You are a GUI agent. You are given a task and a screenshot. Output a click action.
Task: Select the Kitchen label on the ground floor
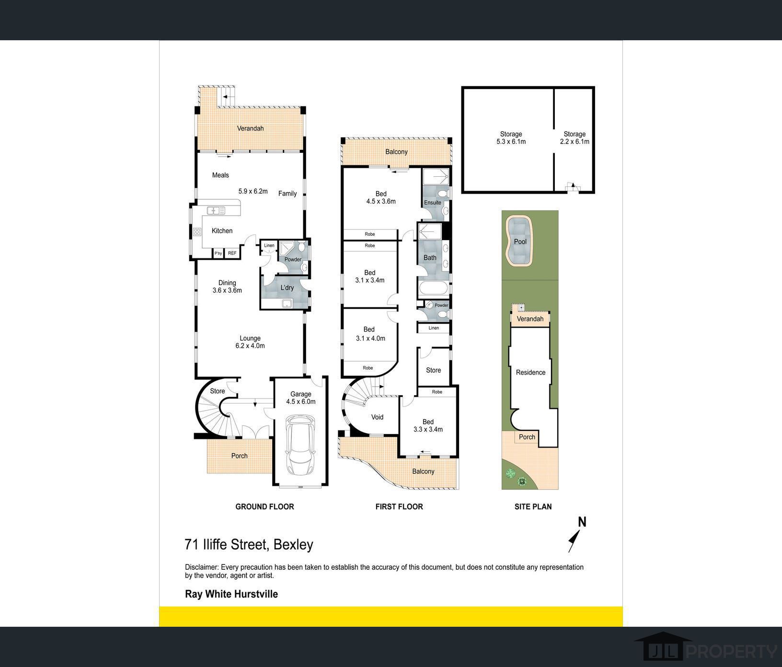point(222,231)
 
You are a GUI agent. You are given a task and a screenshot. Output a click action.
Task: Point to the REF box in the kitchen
point(232,253)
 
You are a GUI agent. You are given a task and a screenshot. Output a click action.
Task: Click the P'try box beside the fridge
point(218,253)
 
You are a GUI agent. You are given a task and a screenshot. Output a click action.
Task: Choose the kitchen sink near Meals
point(216,210)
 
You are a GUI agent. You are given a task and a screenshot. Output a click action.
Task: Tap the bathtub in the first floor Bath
point(433,289)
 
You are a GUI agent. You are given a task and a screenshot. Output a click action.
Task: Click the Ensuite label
point(433,203)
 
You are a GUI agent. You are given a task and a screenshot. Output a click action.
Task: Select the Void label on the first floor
point(377,417)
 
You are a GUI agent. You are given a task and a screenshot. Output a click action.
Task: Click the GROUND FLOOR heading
point(264,506)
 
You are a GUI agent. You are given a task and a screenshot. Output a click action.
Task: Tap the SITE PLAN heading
point(533,506)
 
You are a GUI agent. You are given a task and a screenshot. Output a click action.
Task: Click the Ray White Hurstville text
point(231,594)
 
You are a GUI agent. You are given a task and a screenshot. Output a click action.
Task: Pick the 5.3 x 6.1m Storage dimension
point(511,142)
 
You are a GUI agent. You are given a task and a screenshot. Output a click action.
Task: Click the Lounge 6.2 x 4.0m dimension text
point(250,346)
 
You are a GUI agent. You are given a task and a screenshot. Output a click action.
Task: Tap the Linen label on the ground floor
point(269,246)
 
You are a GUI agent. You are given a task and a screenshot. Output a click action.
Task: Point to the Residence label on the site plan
point(530,372)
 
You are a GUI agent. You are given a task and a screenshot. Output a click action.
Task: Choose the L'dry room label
point(287,287)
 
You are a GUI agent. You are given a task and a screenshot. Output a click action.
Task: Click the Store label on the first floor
point(433,370)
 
